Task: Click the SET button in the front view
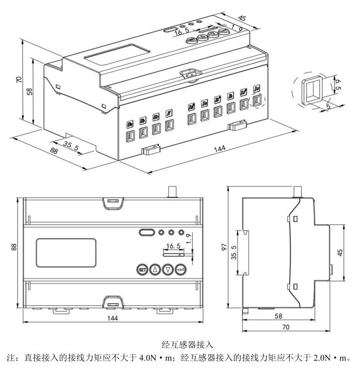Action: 142,270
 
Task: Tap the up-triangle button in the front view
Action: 155,270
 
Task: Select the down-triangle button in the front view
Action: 168,270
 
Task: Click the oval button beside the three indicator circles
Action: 146,232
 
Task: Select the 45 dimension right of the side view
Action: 340,252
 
